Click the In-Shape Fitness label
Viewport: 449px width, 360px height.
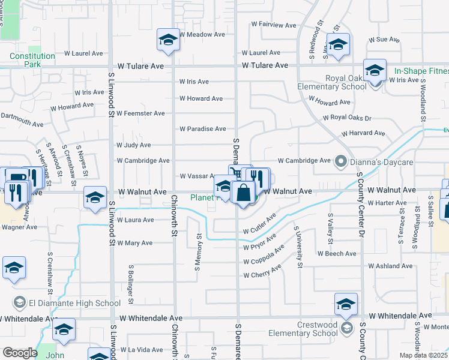coord(421,71)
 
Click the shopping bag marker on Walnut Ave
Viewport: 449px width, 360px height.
coord(243,194)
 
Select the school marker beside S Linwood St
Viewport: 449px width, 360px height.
coord(95,199)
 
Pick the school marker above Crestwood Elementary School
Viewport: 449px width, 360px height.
coord(346,304)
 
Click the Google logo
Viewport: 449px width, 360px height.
coord(20,353)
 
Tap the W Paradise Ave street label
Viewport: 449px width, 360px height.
coord(202,129)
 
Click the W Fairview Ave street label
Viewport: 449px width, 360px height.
coord(274,25)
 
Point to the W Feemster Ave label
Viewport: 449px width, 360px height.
coord(140,113)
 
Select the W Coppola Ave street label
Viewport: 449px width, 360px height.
coord(264,259)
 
